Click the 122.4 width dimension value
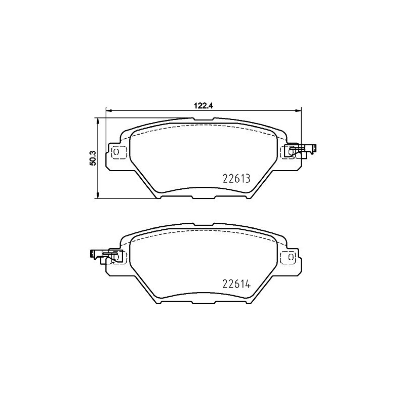(202, 106)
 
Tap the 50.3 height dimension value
(92, 157)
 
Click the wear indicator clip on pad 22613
(301, 150)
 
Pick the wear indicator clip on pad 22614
(104, 256)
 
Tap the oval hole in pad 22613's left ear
(115, 151)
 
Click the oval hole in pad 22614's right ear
(291, 257)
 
